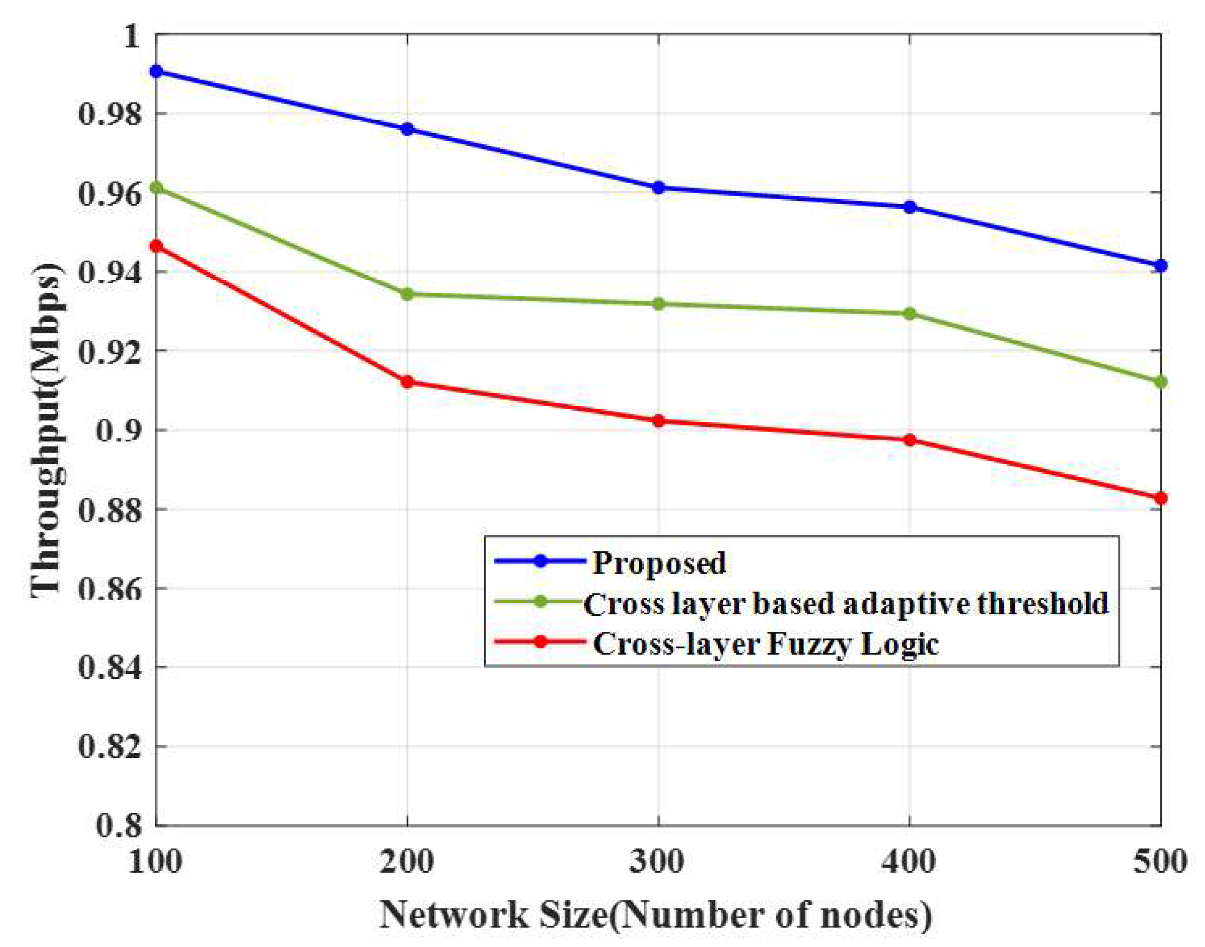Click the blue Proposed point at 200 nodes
pos(407,129)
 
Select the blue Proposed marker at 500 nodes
pos(1160,266)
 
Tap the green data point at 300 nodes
pos(658,304)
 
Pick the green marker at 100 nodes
pos(157,188)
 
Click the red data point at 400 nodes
pos(910,440)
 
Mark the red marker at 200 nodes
pos(407,382)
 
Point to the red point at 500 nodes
pos(1160,498)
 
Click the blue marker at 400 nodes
pos(910,207)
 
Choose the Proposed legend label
pos(659,563)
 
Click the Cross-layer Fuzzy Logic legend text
pos(766,644)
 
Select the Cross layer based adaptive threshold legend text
pos(846,603)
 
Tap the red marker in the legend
pos(540,642)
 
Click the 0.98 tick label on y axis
pos(110,114)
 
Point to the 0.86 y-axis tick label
pos(110,589)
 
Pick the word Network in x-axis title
pos(454,915)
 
